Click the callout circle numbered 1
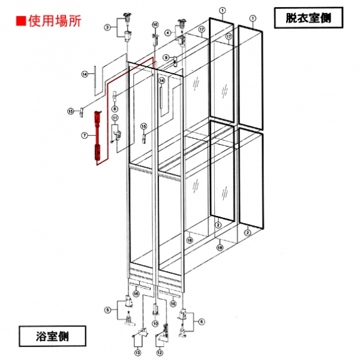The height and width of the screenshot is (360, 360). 222,10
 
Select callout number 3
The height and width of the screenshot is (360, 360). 107,27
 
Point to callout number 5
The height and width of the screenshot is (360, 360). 107,310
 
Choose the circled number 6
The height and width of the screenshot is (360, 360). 202,322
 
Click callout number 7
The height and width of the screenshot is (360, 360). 85,137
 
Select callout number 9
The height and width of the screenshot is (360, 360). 166,58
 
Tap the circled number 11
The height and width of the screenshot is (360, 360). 115,118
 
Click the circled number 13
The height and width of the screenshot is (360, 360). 137,352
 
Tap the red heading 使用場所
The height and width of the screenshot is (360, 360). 55,20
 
